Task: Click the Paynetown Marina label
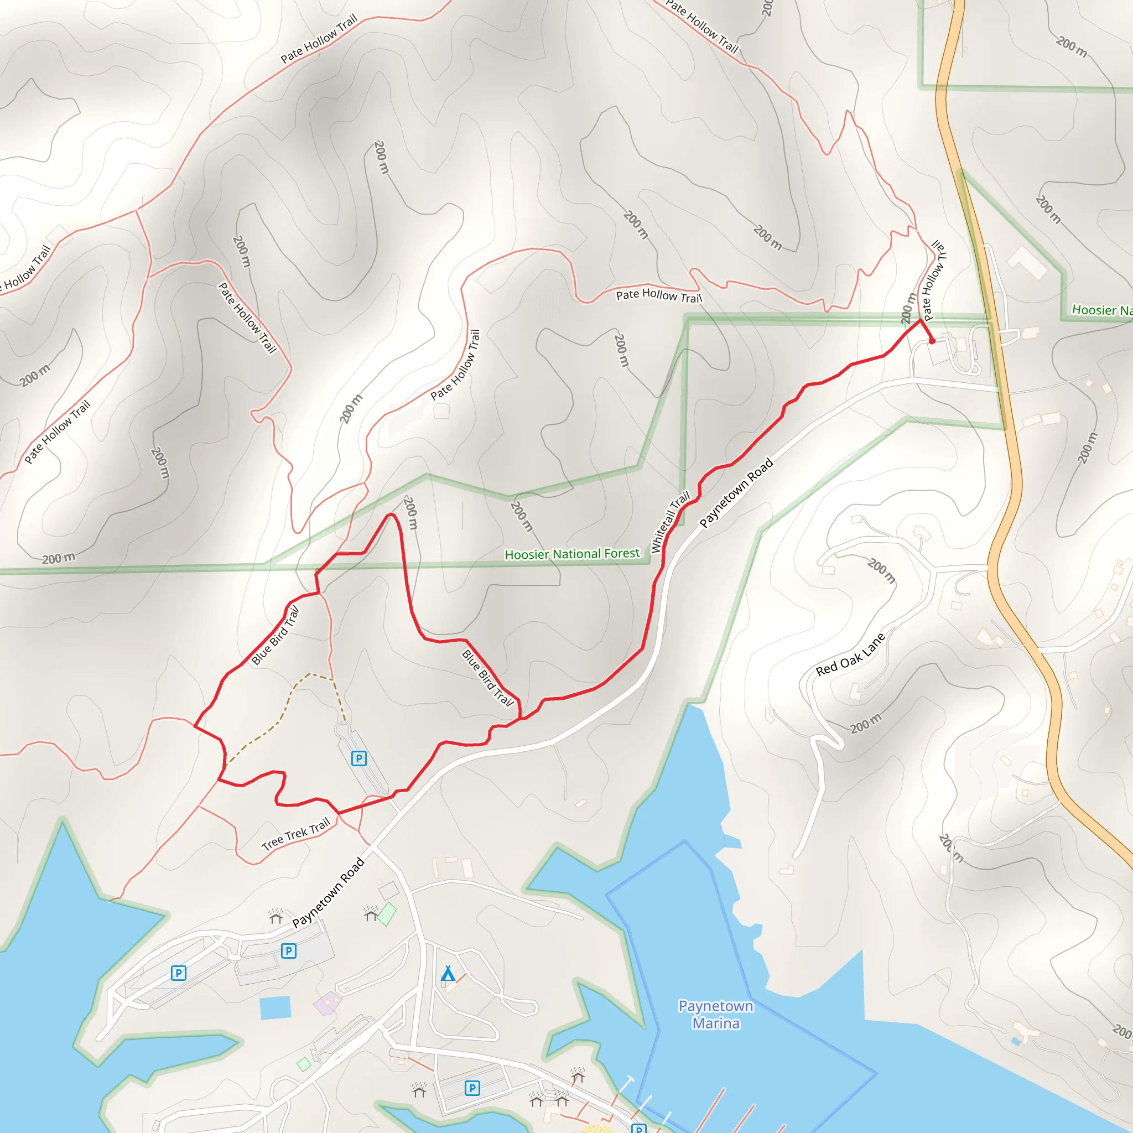715,1015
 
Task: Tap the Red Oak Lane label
850,654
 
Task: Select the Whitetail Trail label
671,522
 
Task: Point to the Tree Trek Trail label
295,834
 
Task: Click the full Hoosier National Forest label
572,554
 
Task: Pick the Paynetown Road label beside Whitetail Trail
736,492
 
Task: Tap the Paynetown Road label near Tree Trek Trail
329,892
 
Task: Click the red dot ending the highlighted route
932,341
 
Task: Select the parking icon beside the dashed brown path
359,758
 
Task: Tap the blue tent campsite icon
448,974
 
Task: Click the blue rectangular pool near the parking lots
275,1007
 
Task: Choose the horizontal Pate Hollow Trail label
658,295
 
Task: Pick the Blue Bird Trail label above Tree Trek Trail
276,636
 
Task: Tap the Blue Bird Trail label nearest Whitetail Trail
488,677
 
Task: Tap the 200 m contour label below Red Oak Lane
866,724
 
